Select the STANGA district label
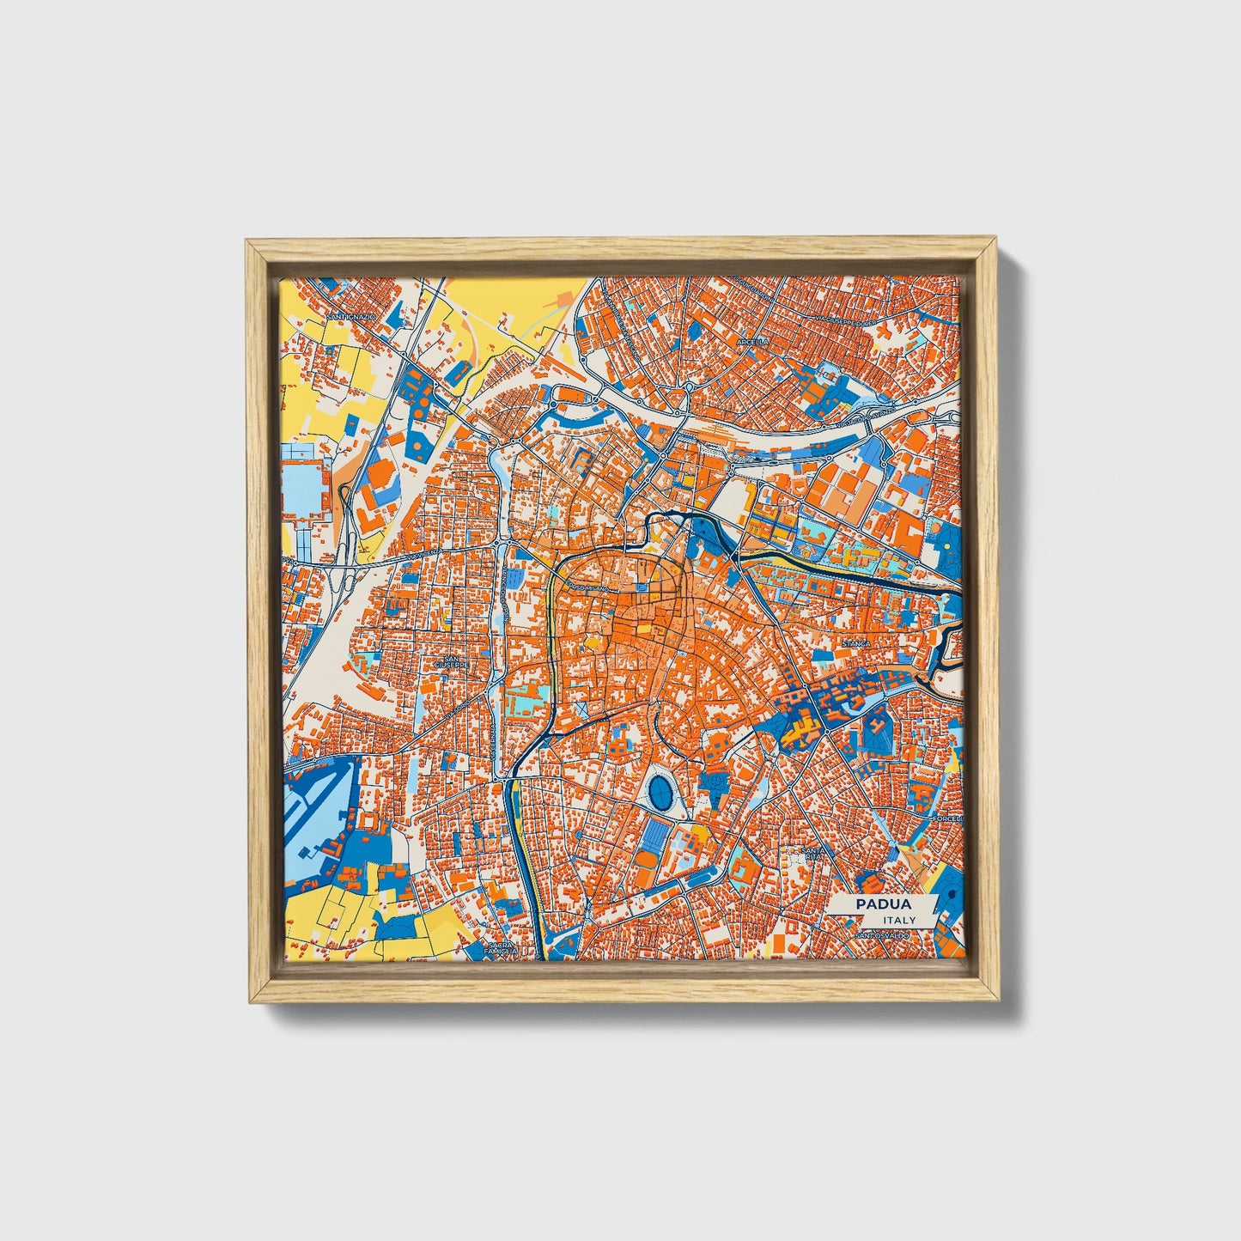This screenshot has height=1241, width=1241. [855, 642]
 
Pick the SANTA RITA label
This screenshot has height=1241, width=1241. [812, 854]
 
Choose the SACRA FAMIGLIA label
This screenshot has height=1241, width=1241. [500, 948]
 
